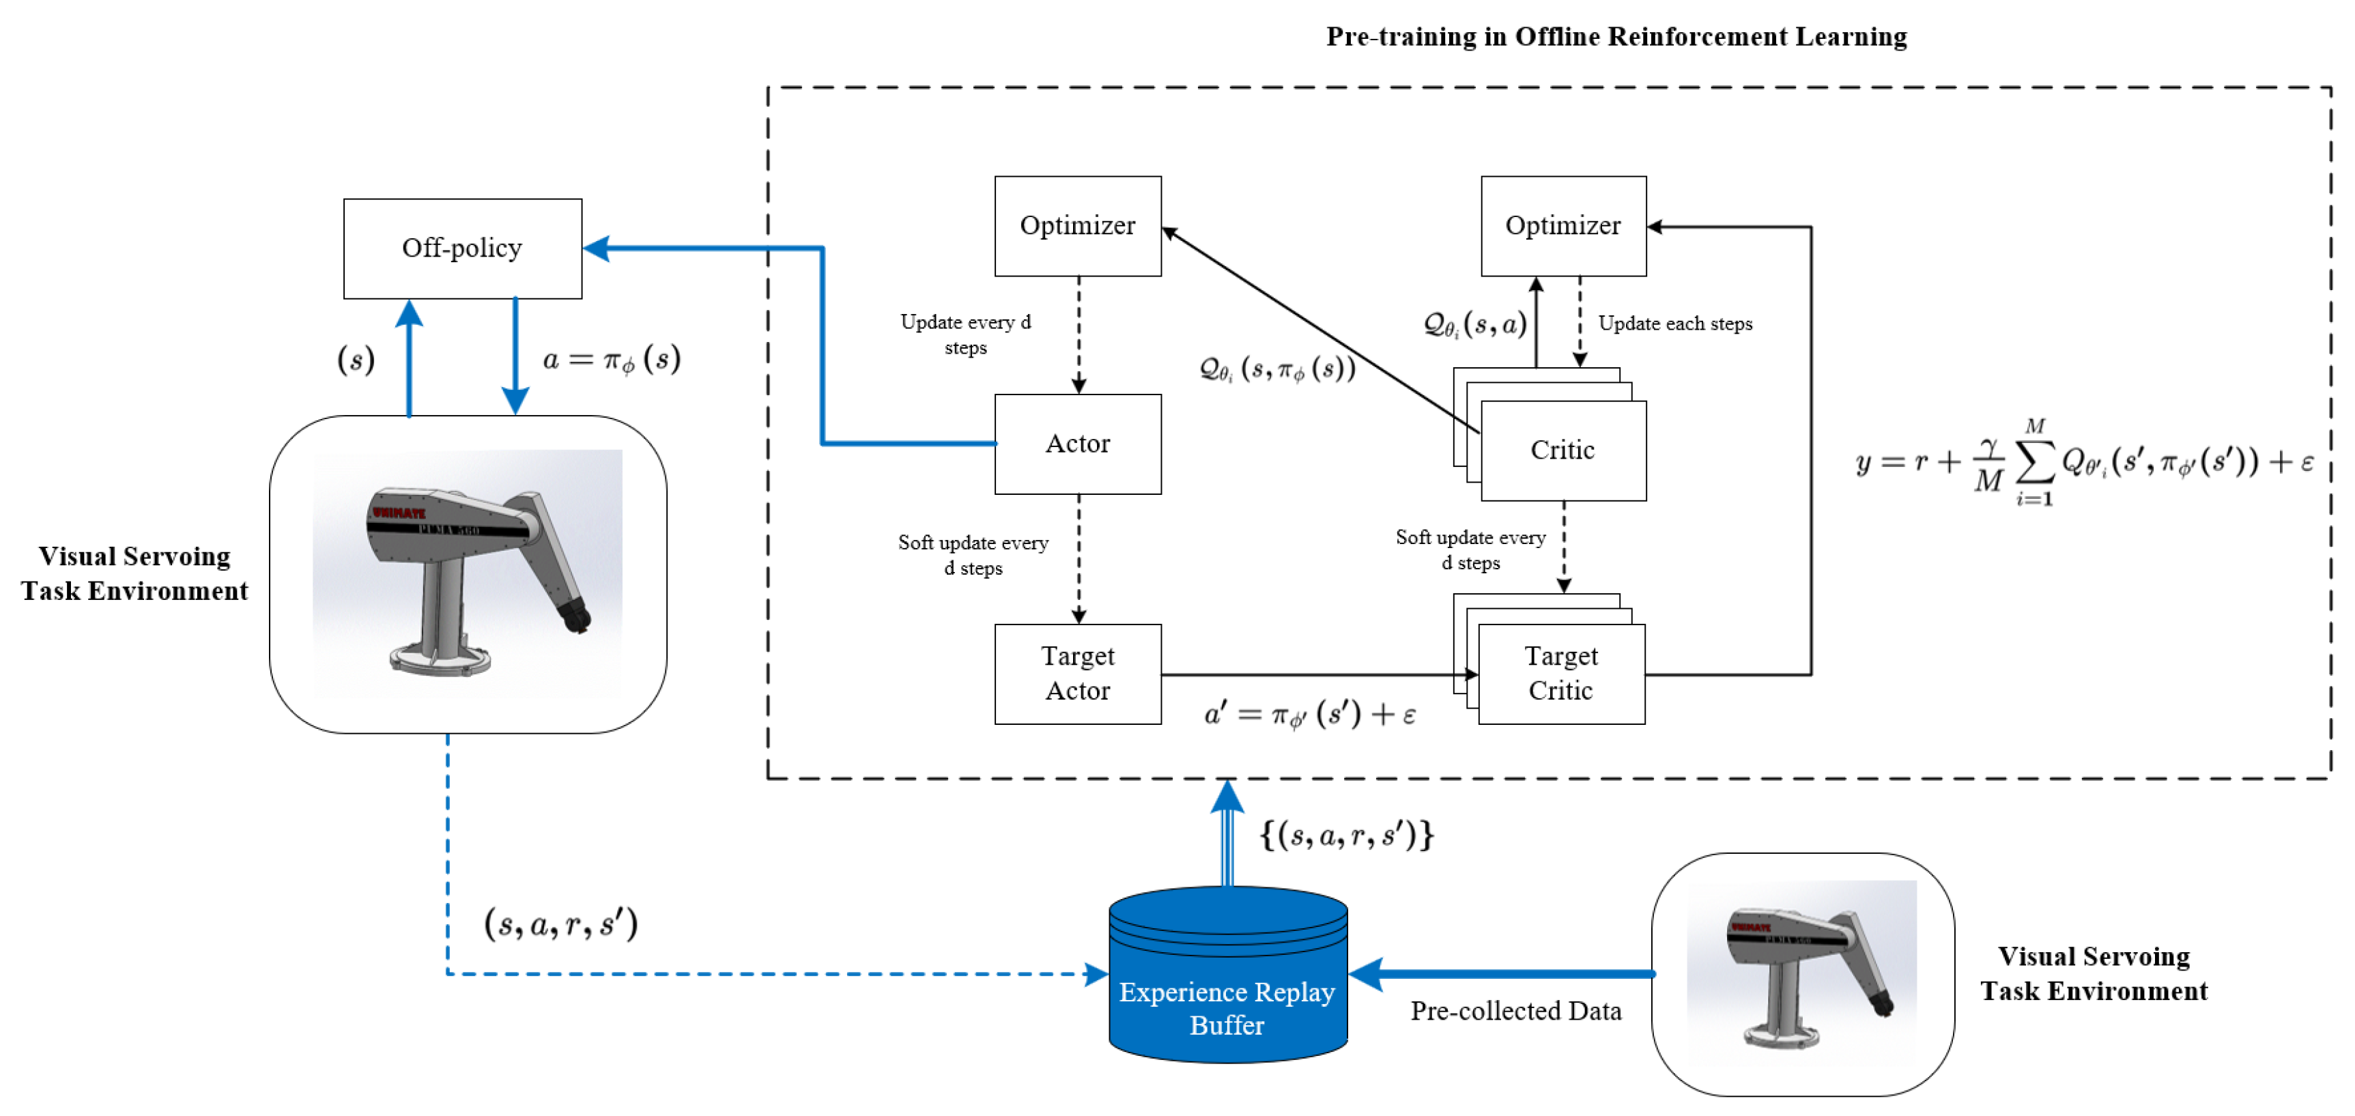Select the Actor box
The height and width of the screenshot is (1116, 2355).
click(x=1077, y=444)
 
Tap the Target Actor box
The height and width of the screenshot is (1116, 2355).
click(x=1077, y=674)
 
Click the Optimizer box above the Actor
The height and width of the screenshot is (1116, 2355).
click(x=1077, y=226)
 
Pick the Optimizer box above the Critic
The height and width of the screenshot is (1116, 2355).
click(x=1562, y=226)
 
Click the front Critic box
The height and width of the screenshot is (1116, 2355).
click(x=1562, y=450)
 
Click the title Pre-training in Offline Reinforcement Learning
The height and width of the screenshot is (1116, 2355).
click(x=1616, y=37)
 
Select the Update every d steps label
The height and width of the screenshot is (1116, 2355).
click(x=965, y=334)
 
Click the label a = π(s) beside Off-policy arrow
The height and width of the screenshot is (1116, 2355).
click(x=611, y=359)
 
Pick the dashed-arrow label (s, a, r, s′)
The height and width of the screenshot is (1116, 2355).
click(x=560, y=924)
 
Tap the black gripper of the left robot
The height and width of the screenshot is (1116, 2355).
click(x=576, y=614)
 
